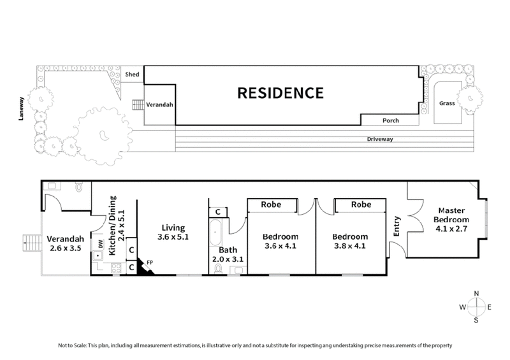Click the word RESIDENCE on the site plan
coord(280,93)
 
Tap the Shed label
coord(133,75)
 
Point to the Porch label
coord(390,120)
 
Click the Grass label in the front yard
coord(447,103)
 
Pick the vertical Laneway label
coord(22,110)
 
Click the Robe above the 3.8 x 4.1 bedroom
coord(361,205)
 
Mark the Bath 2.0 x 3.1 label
coord(228,255)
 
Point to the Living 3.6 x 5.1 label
coord(172,232)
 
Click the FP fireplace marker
coord(150,262)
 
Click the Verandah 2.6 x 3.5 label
coord(64,244)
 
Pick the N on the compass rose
coord(476,293)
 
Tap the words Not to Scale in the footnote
coord(71,345)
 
